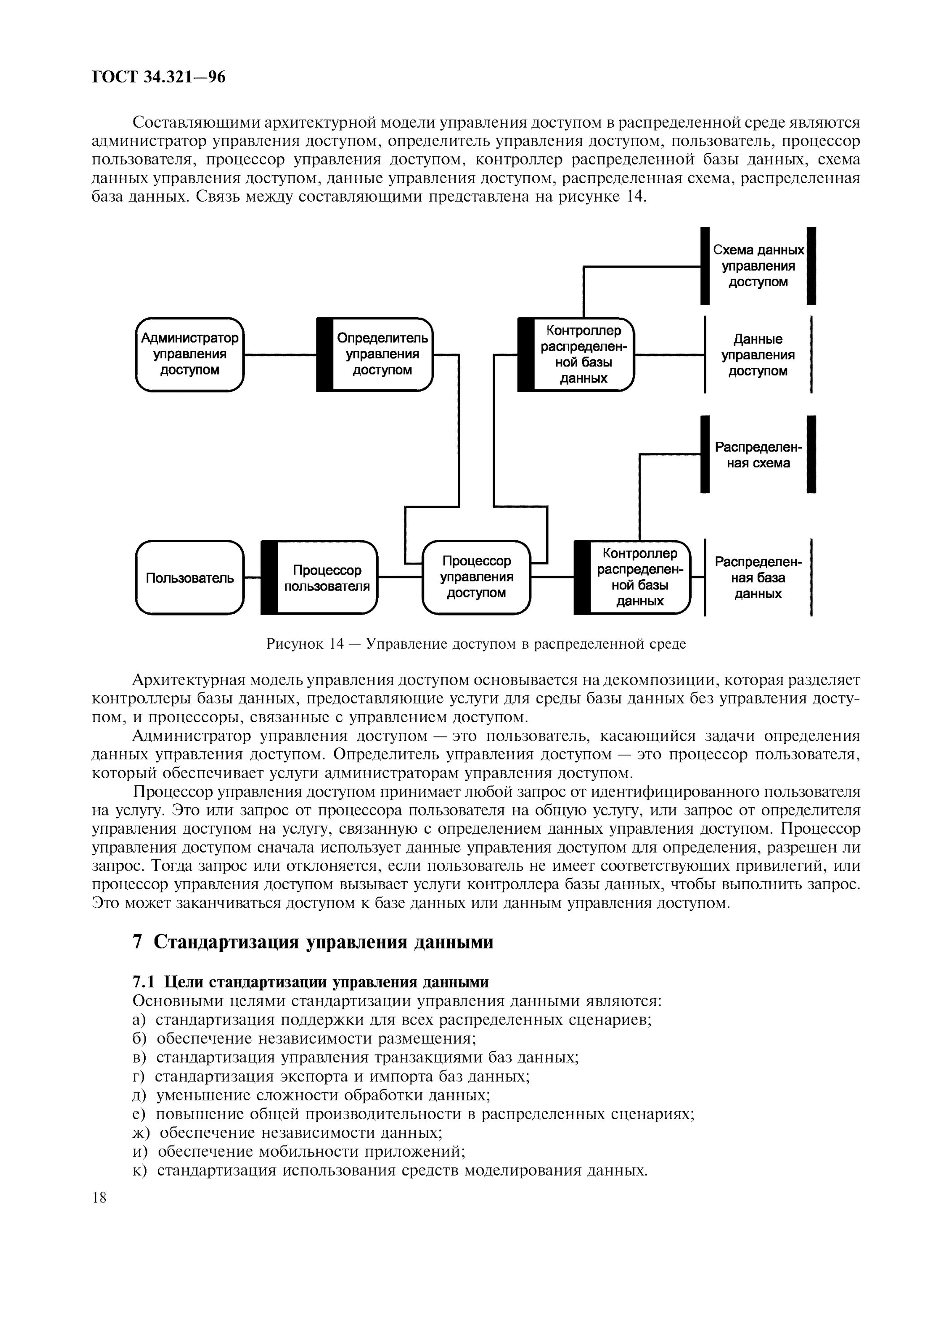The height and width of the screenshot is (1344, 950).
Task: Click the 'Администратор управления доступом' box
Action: click(x=190, y=354)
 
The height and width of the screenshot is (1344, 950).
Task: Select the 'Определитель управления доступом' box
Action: click(x=375, y=354)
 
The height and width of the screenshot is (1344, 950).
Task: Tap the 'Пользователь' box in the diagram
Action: click(x=190, y=578)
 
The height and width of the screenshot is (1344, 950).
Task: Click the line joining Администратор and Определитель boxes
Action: click(x=280, y=355)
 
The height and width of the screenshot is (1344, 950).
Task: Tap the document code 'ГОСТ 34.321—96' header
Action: click(x=159, y=77)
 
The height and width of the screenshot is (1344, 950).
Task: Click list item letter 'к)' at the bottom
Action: click(x=140, y=1170)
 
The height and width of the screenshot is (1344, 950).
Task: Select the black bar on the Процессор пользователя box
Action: click(x=269, y=578)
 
